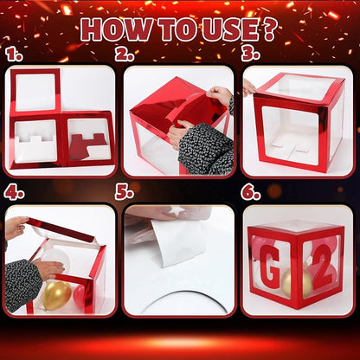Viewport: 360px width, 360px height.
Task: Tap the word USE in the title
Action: tap(229, 29)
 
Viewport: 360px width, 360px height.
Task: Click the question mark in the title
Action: tap(269, 29)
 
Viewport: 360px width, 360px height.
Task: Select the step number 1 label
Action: tap(14, 55)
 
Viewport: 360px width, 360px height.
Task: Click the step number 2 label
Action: tap(125, 55)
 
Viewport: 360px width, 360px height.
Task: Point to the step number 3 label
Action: tap(250, 55)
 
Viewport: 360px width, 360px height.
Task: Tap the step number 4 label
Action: tap(14, 193)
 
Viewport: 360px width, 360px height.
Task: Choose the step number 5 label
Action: tap(125, 192)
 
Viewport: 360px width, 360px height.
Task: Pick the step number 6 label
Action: tap(251, 193)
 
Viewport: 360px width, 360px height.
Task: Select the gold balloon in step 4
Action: tap(56, 295)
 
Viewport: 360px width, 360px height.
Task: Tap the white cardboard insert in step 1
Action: tap(35, 148)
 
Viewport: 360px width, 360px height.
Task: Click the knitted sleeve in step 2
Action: tap(206, 149)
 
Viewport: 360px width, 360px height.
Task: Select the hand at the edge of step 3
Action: tap(248, 87)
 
